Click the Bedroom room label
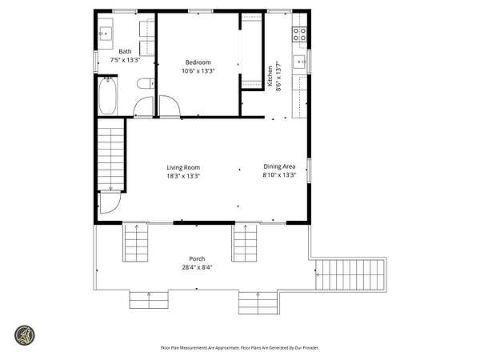[x=198, y=62]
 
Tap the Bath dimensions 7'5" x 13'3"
[x=125, y=60]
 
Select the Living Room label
[x=183, y=167]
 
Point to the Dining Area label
[x=279, y=166]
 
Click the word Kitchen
[x=270, y=76]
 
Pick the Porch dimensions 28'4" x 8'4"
[x=197, y=267]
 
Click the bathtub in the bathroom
[x=107, y=96]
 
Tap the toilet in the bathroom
[x=146, y=83]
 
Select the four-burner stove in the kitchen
[x=299, y=34]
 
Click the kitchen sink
[x=299, y=62]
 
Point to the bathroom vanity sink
[x=106, y=34]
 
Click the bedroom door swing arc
[x=170, y=106]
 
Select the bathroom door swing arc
[x=143, y=106]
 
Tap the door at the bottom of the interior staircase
[x=110, y=202]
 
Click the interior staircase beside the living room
[x=110, y=154]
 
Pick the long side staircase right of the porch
[x=350, y=274]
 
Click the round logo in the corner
[x=25, y=335]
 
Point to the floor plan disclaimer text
[x=240, y=348]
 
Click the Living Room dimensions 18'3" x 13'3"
[x=183, y=176]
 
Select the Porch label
[x=197, y=258]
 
